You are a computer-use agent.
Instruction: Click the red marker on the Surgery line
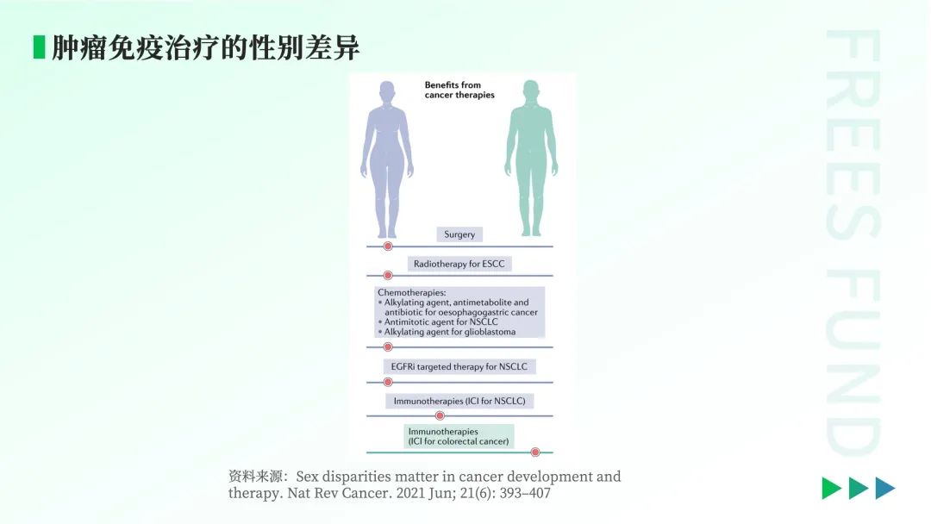(x=388, y=246)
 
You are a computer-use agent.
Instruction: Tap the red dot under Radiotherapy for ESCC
(x=388, y=275)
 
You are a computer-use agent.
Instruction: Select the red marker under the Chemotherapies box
(x=388, y=347)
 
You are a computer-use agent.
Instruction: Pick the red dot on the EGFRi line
(x=388, y=382)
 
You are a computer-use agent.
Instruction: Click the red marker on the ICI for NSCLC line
(x=440, y=416)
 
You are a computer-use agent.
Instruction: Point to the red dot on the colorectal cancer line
(x=535, y=452)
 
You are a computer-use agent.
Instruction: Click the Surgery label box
(x=459, y=234)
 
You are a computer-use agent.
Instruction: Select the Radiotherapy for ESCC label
(x=459, y=264)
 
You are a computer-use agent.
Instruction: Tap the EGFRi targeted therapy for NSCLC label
(x=459, y=367)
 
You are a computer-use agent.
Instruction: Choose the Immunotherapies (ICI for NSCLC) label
(x=459, y=401)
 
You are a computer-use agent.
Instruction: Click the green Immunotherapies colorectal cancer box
(x=459, y=436)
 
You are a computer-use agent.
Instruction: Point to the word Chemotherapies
(x=411, y=292)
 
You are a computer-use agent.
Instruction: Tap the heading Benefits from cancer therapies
(x=459, y=90)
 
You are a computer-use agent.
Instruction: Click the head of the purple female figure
(x=387, y=91)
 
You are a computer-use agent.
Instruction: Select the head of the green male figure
(x=531, y=90)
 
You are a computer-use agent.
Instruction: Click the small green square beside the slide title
(x=39, y=47)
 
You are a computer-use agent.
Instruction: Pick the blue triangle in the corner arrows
(x=884, y=489)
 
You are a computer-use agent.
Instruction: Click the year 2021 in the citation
(x=411, y=493)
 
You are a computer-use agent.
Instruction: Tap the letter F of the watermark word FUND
(x=853, y=285)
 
